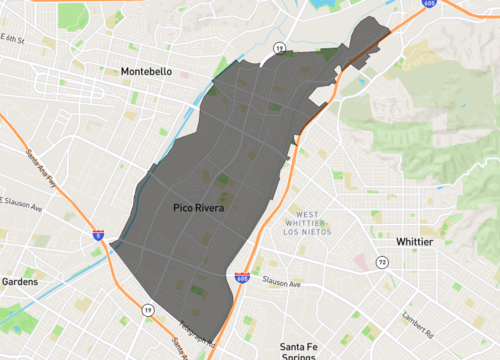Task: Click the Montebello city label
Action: (146, 71)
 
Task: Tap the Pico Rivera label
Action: (197, 210)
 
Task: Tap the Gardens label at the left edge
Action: (18, 282)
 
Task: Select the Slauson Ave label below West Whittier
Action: (281, 284)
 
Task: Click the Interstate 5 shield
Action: (98, 235)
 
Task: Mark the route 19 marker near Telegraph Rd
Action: (148, 311)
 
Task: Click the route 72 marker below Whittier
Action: (381, 263)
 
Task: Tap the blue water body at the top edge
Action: (325, 5)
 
